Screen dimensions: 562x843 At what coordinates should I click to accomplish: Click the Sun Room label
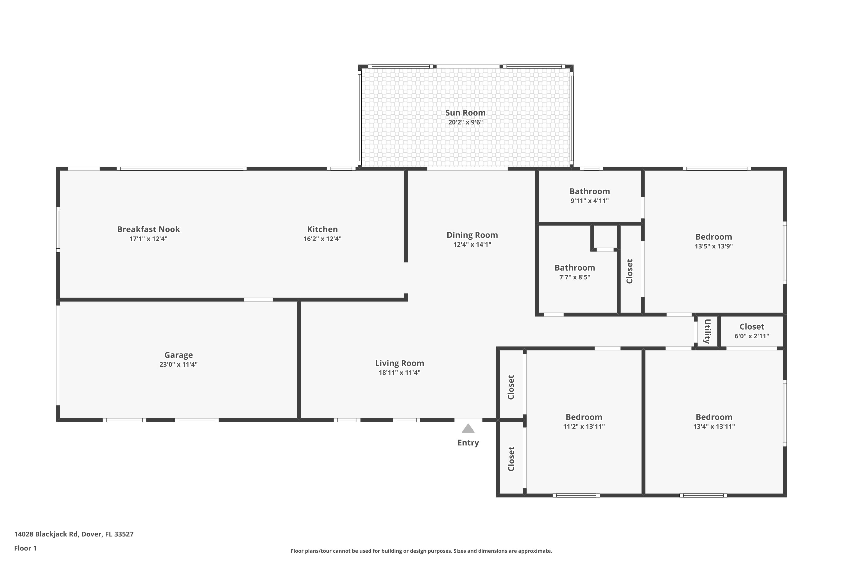465,113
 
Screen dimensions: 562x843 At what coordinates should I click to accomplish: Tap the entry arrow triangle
468,429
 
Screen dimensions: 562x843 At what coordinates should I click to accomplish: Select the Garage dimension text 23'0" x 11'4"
178,364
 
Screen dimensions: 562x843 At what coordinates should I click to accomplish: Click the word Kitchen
322,229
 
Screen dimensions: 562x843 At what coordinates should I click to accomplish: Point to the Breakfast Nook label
148,229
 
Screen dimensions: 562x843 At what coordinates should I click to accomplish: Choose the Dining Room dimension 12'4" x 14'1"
472,244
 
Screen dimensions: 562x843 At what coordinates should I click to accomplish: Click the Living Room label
399,363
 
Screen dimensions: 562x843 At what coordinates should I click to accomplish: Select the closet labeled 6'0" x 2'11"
752,327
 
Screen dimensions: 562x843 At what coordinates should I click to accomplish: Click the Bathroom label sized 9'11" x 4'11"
589,191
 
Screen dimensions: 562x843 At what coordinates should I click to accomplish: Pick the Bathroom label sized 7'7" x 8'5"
575,268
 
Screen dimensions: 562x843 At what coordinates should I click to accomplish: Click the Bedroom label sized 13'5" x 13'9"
713,237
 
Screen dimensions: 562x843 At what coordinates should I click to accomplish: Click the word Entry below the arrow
468,443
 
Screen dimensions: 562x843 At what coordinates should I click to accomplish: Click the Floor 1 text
25,548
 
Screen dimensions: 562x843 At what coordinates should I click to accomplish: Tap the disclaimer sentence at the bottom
421,551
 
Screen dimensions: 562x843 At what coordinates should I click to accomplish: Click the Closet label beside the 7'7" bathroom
629,271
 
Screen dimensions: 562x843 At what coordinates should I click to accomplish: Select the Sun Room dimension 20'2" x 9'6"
465,122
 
